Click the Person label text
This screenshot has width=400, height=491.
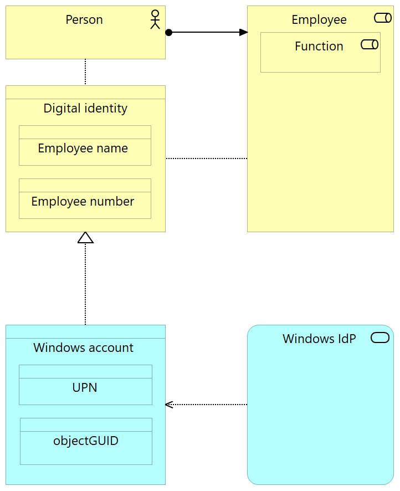[84, 20]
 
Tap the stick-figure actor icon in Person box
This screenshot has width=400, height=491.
[155, 19]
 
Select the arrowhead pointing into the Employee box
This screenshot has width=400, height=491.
[243, 32]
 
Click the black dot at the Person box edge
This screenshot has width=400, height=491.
[169, 32]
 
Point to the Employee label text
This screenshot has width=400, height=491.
[319, 20]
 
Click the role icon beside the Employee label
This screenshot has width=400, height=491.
[383, 18]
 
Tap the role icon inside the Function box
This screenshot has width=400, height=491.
[370, 44]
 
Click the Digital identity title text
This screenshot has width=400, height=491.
[85, 109]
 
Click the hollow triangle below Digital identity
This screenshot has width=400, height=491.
[85, 238]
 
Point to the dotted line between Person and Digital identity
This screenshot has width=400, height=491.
[85, 72]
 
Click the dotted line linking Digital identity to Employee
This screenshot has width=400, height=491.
[206, 158]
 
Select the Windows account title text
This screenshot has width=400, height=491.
[83, 348]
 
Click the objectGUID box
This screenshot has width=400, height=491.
[86, 442]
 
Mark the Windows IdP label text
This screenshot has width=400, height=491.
[319, 339]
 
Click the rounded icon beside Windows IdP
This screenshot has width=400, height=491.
[380, 338]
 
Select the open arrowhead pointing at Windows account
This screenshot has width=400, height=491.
[170, 405]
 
